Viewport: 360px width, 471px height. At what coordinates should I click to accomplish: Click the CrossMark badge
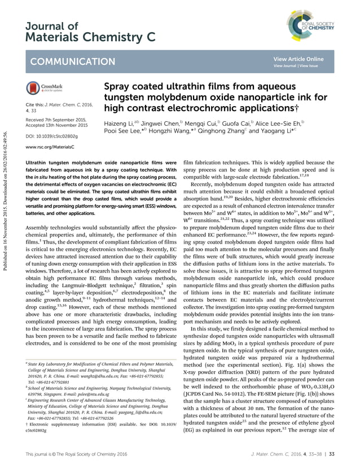point(45,89)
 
